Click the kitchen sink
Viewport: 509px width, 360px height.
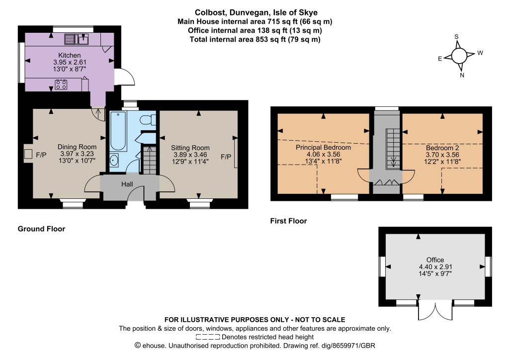click(x=76, y=39)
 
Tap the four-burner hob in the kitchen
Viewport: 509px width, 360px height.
click(x=61, y=85)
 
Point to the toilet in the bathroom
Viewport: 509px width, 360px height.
click(x=148, y=119)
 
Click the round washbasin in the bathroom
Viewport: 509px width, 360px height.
click(x=114, y=160)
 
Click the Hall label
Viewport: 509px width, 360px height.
click(x=127, y=184)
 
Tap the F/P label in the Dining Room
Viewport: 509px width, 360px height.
click(x=41, y=155)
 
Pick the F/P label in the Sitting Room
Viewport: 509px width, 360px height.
click(x=226, y=157)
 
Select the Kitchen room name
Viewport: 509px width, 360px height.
click(x=70, y=55)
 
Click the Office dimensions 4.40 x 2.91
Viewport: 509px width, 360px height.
click(x=435, y=267)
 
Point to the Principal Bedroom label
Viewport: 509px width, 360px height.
click(x=323, y=147)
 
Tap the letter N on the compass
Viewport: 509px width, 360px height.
click(x=462, y=75)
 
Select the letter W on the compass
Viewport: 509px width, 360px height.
click(x=480, y=53)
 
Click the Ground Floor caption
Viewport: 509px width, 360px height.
click(x=42, y=229)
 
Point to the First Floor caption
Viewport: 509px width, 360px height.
click(x=289, y=221)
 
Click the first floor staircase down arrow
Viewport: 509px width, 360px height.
click(x=394, y=161)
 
